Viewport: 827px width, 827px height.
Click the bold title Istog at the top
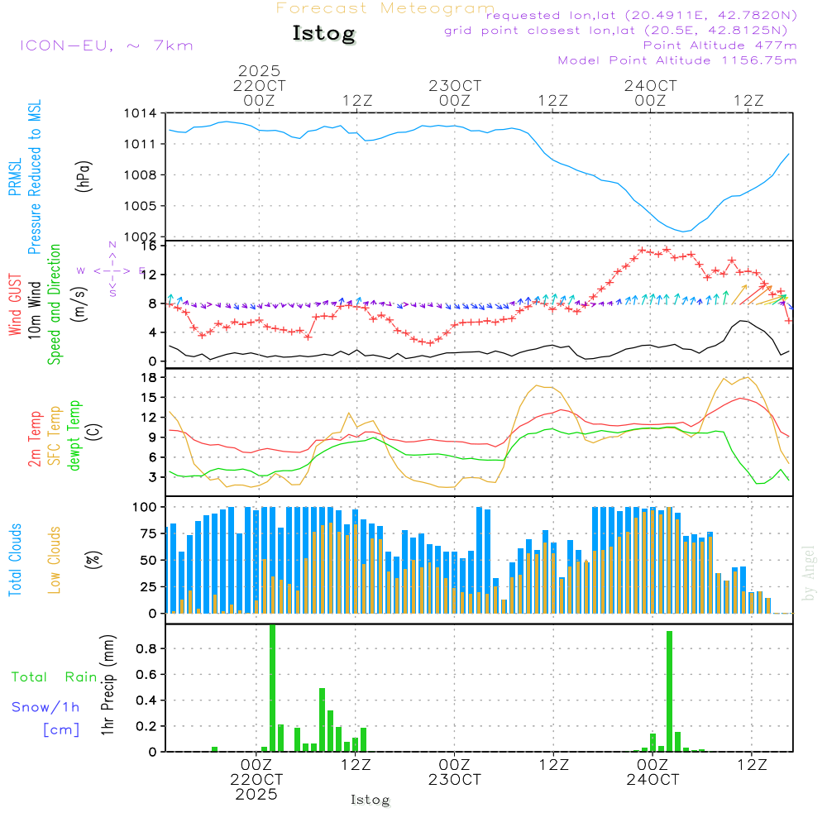323,34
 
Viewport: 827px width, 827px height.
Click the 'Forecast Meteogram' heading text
385,8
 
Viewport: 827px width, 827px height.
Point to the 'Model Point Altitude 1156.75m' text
677,60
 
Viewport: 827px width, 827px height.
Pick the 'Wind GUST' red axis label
15,306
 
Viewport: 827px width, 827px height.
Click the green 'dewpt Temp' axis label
74,436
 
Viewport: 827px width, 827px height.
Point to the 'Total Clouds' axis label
15,560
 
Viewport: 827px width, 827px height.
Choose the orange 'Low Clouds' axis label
55,560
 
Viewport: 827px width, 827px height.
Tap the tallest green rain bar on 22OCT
272,686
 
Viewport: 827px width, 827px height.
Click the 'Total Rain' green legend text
54,677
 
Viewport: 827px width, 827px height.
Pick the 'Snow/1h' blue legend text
46,707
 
